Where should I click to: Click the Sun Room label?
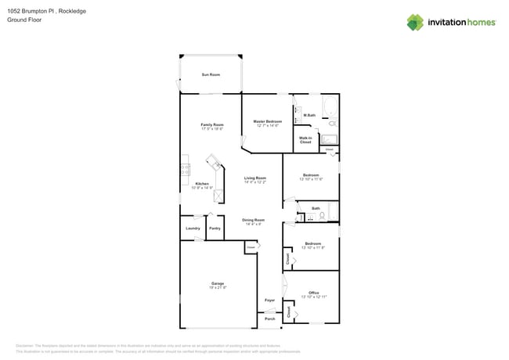coord(211,74)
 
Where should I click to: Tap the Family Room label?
coord(212,126)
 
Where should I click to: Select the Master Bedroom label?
coord(267,123)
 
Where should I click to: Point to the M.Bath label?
coord(309,116)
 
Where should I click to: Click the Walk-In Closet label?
coord(305,141)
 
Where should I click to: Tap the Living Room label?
coord(254,179)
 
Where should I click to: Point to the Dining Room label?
coord(253,221)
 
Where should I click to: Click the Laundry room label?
coord(193,228)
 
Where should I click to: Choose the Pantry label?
coord(215,228)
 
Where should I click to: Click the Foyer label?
coord(269,300)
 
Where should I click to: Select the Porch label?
coord(269,319)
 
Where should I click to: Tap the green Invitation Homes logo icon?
coord(415,22)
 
